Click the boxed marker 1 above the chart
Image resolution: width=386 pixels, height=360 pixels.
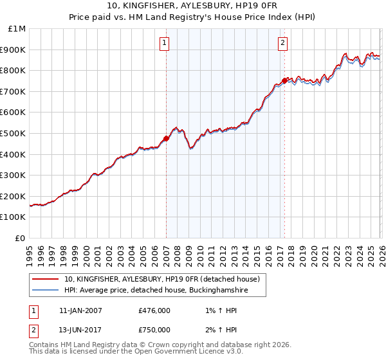165,43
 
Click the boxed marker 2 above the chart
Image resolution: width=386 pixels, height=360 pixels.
283,43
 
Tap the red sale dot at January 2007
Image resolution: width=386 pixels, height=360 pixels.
166,138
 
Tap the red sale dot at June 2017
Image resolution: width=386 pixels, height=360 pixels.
284,81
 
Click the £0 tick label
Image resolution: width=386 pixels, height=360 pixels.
21,238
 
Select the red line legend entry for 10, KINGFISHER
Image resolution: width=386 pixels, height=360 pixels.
161,279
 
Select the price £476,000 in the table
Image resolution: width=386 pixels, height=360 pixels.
154,310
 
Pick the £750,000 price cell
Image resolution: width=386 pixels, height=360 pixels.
154,330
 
